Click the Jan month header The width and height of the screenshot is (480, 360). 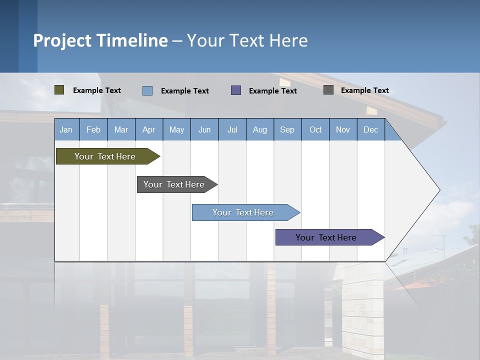coord(66,129)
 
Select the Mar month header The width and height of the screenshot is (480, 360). coord(121,129)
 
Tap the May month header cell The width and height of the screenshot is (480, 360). coord(176,129)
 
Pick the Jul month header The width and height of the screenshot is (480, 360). coord(232,129)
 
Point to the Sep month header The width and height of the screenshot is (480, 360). coord(287,129)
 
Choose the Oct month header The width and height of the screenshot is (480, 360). coord(315,129)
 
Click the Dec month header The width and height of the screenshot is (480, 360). coord(370,129)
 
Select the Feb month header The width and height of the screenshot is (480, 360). coord(93,129)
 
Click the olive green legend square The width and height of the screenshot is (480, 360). coord(59,90)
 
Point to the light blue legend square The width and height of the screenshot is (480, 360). coord(147,90)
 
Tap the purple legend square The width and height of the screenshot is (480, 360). coord(236,90)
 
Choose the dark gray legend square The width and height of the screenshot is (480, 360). coord(328,90)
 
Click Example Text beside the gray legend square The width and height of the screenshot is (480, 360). coord(364,90)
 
